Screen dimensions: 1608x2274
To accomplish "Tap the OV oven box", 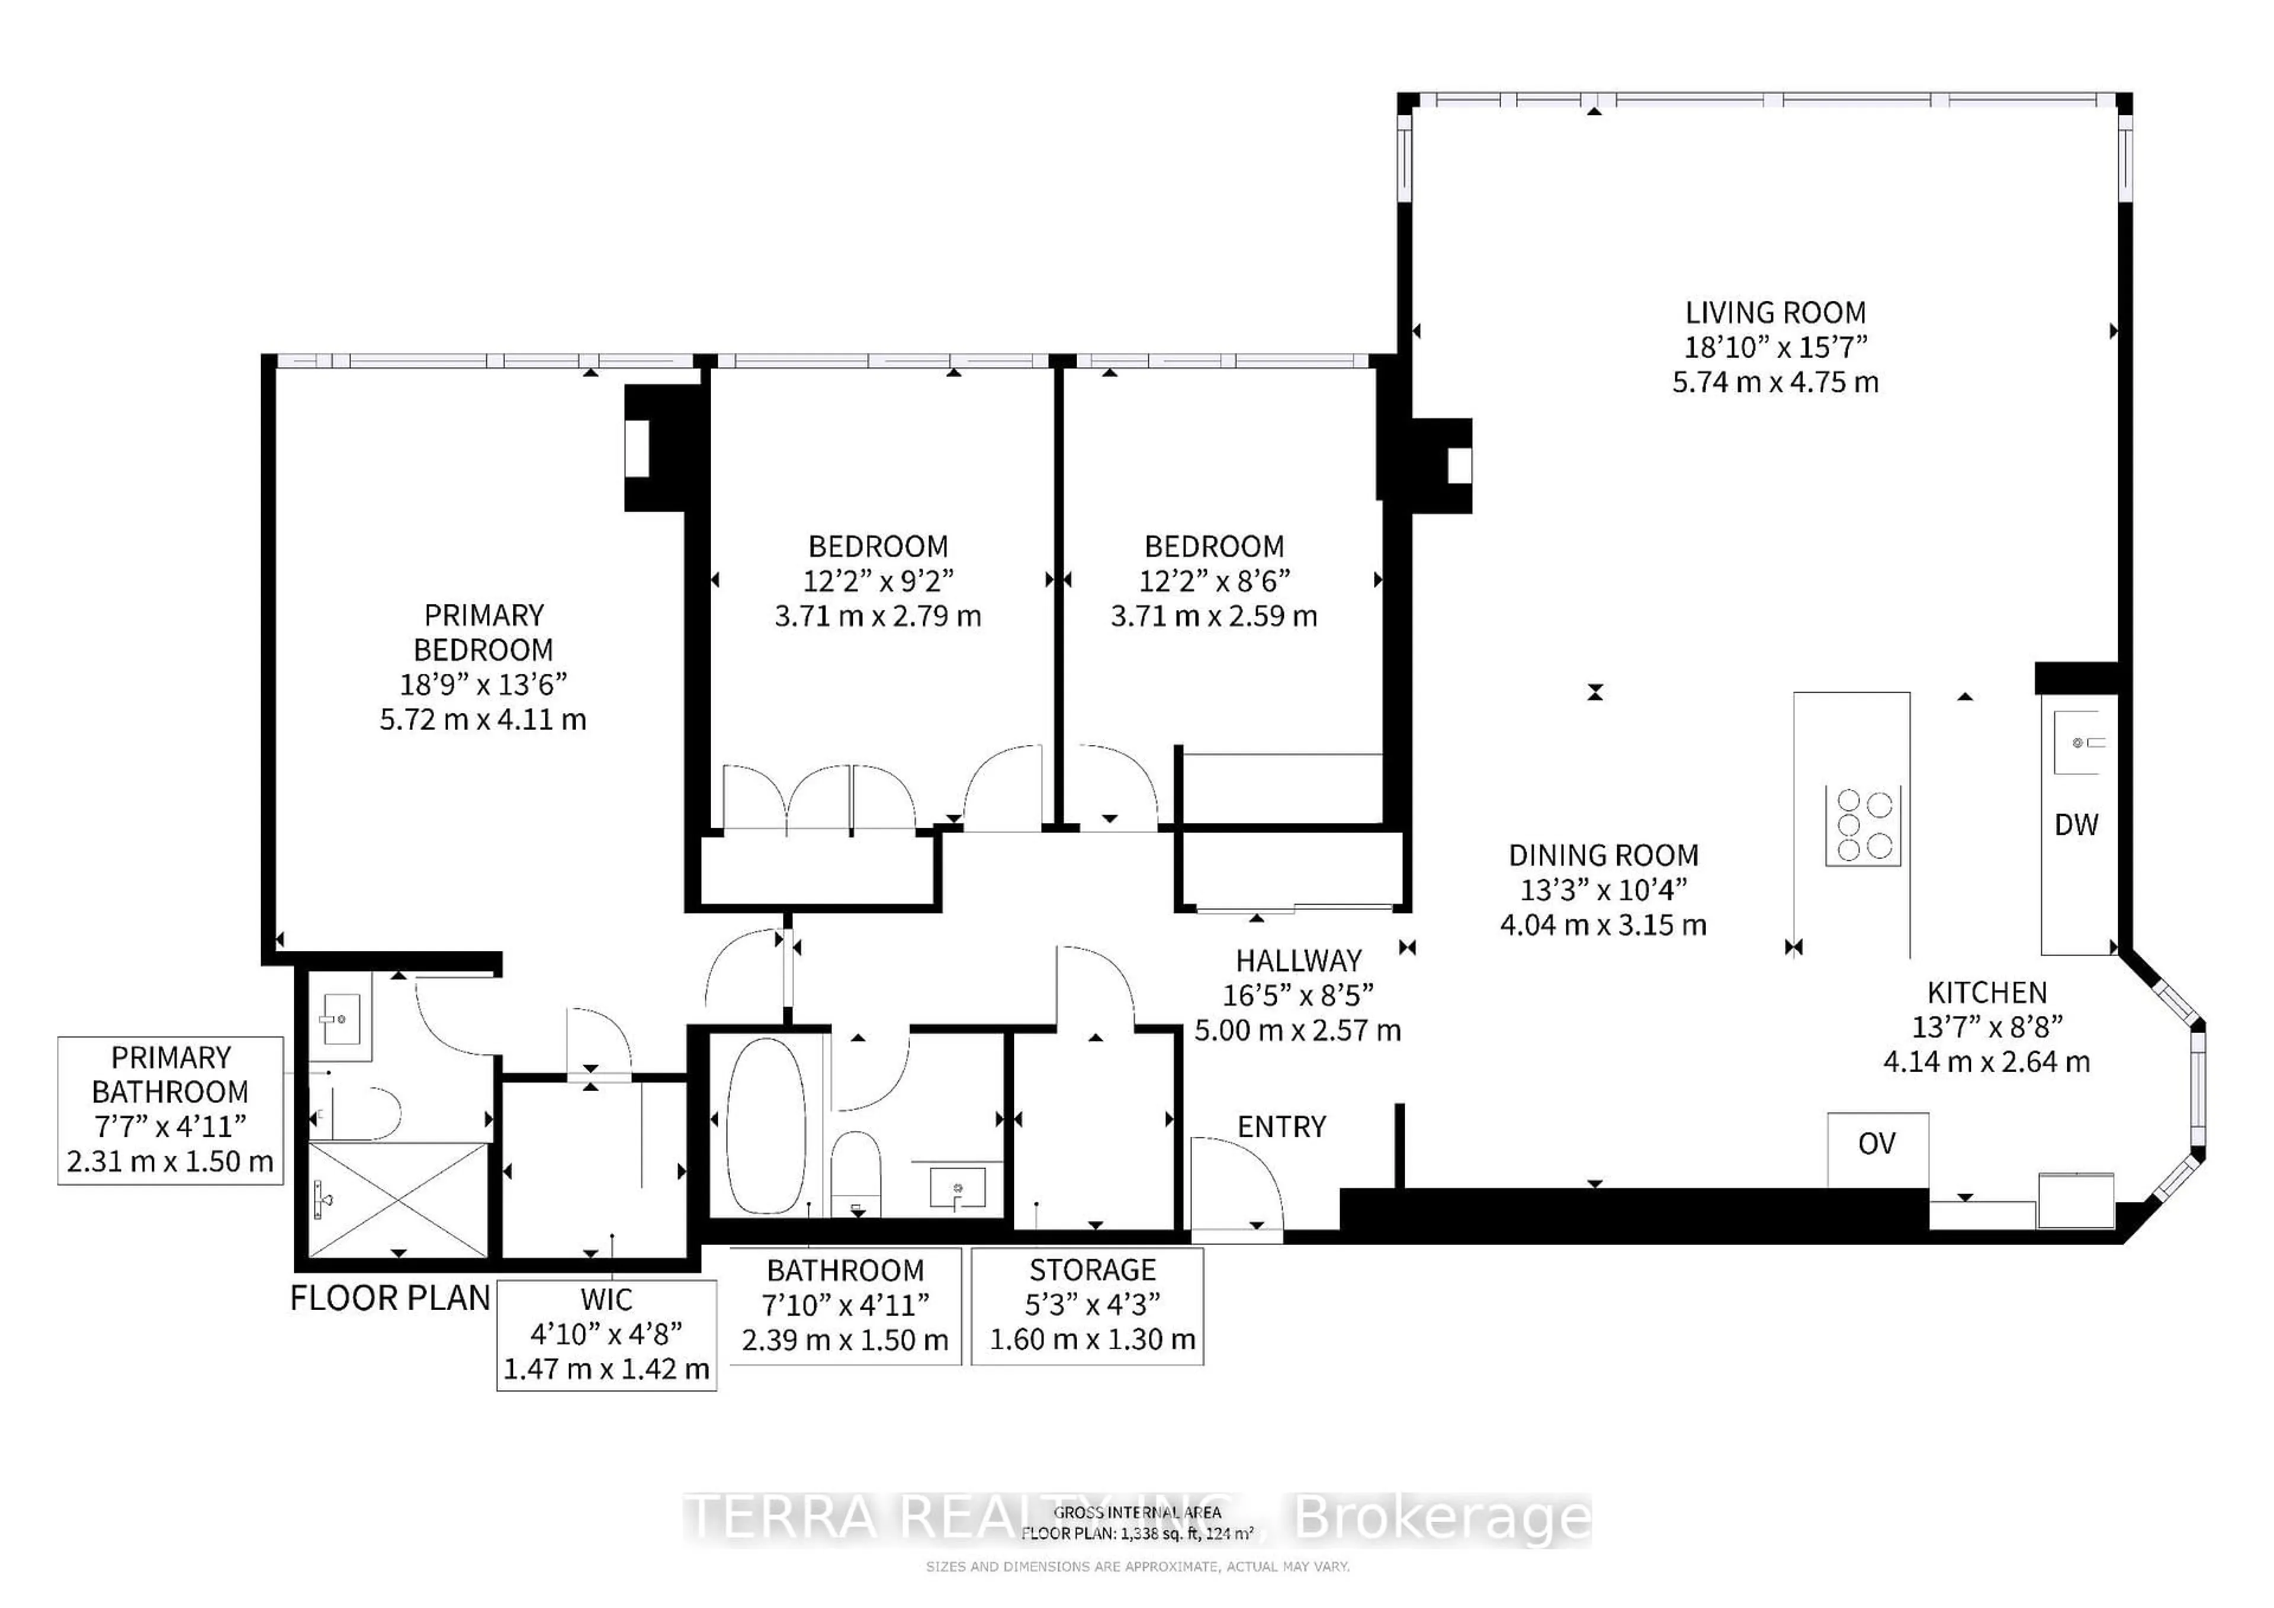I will [x=1877, y=1144].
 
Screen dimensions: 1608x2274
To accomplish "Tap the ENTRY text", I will [x=1281, y=1127].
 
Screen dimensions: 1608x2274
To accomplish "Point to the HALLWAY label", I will [x=1297, y=960].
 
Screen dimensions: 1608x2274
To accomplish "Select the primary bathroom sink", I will [x=340, y=1017].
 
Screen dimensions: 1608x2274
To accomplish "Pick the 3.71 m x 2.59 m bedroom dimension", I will [x=1213, y=616].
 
